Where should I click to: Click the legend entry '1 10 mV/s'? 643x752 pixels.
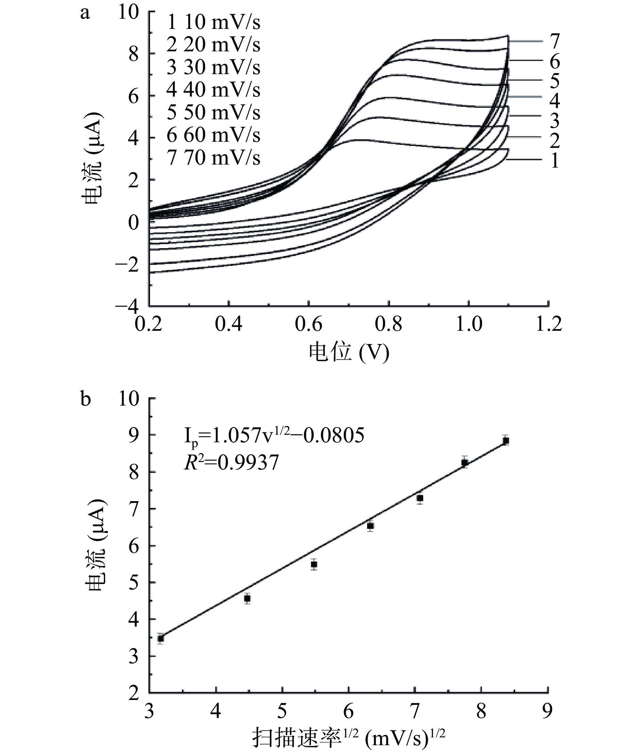(x=213, y=22)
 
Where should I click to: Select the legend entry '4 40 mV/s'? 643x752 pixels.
(x=213, y=90)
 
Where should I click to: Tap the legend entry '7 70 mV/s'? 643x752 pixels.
(x=213, y=157)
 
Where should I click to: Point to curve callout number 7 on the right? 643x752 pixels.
(x=554, y=41)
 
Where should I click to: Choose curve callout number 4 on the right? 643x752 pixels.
(x=554, y=101)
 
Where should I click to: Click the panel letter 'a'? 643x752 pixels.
(x=85, y=14)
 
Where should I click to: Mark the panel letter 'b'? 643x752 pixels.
(x=85, y=399)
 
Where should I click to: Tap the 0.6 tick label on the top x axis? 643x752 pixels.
(x=309, y=324)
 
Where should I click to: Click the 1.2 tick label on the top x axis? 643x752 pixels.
(x=548, y=324)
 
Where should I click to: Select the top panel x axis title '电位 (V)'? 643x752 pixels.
(x=349, y=352)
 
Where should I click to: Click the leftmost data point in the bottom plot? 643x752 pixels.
(x=161, y=639)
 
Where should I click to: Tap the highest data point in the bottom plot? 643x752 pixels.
(x=506, y=441)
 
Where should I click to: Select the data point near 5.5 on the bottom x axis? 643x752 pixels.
(x=314, y=564)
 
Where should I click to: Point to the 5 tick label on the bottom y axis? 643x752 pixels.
(x=134, y=583)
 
